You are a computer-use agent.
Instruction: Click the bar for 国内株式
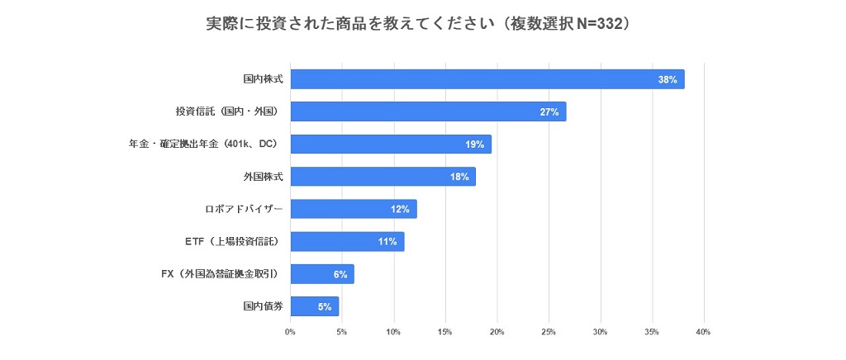point(487,79)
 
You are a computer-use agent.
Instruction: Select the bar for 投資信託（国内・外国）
point(428,111)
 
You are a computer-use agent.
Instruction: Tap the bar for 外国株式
point(383,177)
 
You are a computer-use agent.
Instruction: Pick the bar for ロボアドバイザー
point(354,209)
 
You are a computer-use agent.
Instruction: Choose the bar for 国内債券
point(315,306)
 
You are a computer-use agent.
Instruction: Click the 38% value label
point(668,79)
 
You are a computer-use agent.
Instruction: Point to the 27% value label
point(549,111)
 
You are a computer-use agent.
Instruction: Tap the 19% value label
point(474,144)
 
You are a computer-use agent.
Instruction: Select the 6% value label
point(340,274)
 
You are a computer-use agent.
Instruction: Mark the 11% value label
point(387,242)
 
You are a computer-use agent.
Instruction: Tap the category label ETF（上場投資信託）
point(232,242)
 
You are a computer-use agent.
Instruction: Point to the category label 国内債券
point(263,306)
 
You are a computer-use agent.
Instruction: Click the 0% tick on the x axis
point(290,333)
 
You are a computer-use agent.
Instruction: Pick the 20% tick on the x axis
point(497,333)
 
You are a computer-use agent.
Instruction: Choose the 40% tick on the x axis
point(703,333)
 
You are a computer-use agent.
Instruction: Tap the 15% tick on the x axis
point(445,333)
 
